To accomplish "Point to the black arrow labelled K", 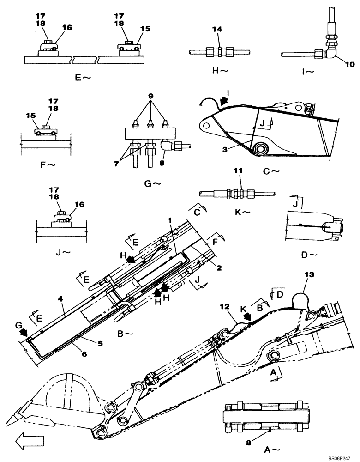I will pos(248,317).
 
